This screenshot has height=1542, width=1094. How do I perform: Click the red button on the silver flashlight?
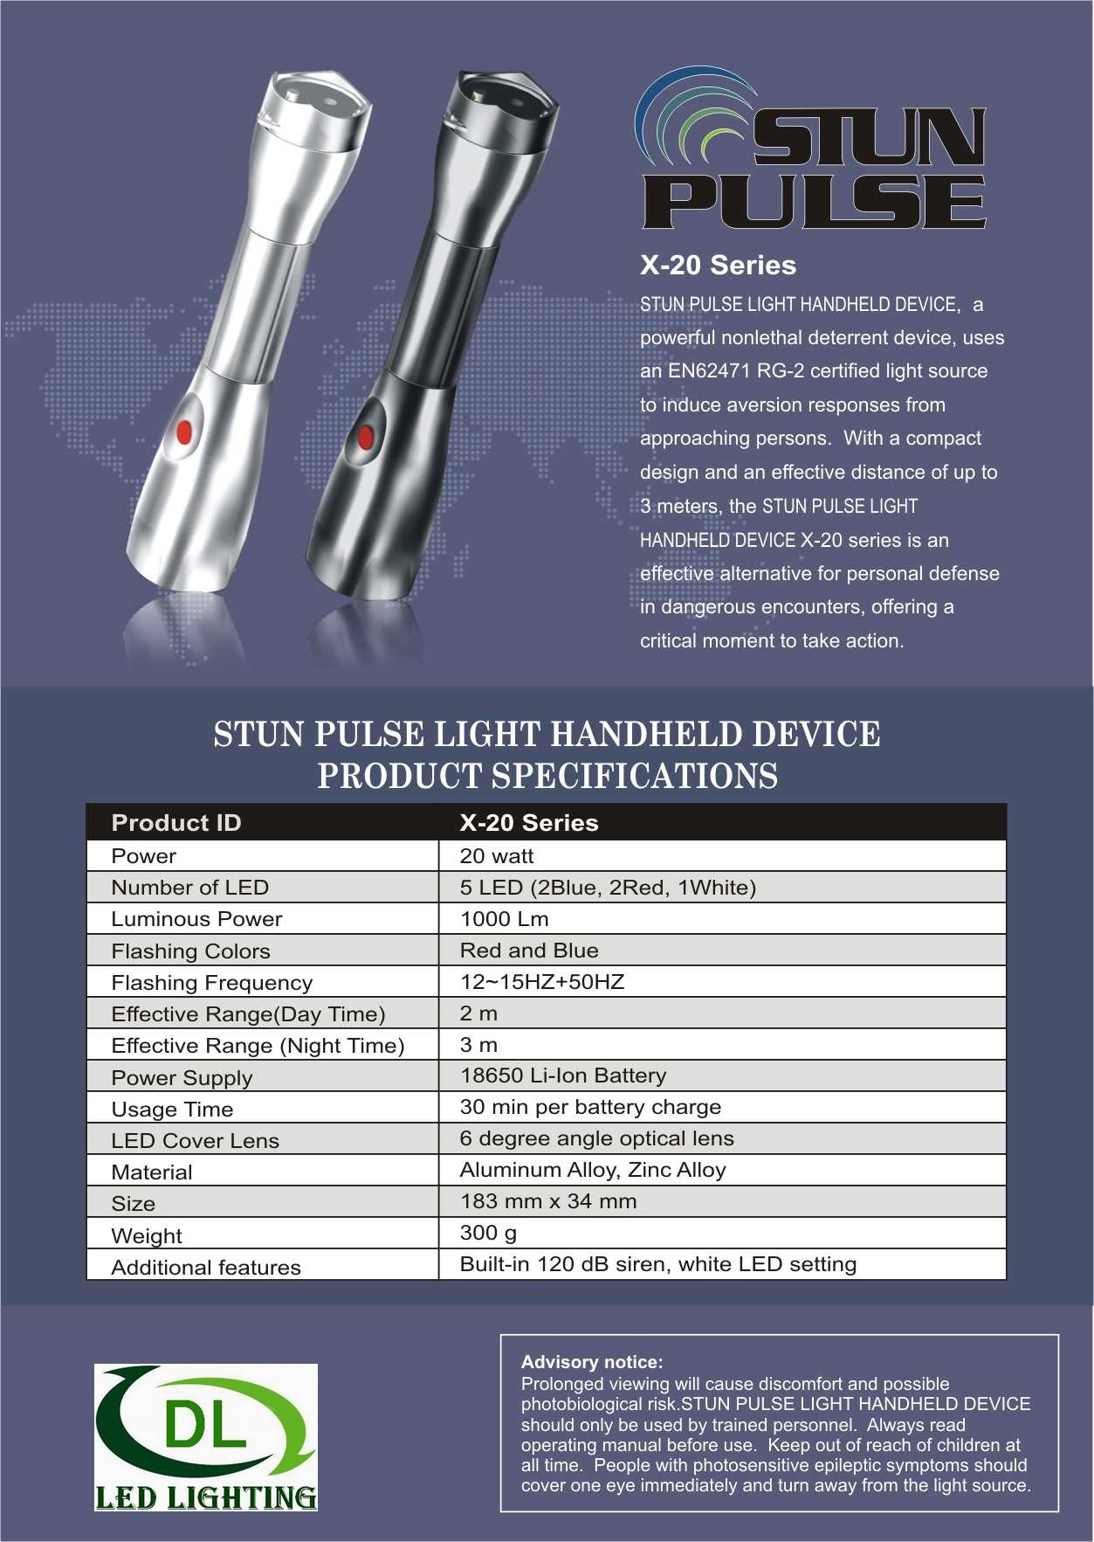[x=184, y=431]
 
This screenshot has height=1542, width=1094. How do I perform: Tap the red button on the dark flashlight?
[x=365, y=437]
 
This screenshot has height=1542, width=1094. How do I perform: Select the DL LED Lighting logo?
[x=206, y=1436]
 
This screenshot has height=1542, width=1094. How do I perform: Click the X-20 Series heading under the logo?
[x=718, y=266]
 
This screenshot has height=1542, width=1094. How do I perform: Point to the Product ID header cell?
[x=176, y=823]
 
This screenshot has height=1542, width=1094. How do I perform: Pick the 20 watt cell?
[x=497, y=856]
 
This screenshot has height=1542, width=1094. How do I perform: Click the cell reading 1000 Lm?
[x=505, y=919]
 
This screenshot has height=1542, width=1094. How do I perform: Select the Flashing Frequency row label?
[x=212, y=983]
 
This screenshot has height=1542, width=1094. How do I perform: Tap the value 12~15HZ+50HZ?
[x=542, y=982]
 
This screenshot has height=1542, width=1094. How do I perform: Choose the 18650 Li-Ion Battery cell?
[x=563, y=1075]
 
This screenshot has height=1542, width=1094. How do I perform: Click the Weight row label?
[x=147, y=1236]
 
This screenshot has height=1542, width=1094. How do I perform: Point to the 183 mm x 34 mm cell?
[x=548, y=1201]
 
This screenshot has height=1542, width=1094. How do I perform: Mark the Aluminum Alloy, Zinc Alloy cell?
[x=593, y=1170]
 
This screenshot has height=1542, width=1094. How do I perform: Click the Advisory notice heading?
[x=592, y=1362]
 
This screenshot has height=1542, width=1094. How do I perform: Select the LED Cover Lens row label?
[x=196, y=1141]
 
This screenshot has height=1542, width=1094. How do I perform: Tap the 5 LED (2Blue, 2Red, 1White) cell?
[x=608, y=888]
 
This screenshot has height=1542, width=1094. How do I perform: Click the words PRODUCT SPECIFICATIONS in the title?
[x=547, y=777]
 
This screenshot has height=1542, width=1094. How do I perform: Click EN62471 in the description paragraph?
[x=709, y=371]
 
